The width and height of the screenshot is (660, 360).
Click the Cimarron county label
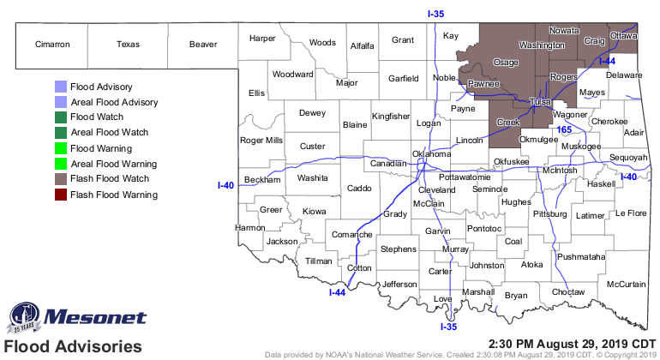pos(51,44)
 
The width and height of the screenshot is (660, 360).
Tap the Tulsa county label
pos(539,102)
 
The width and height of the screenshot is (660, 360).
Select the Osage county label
pos(506,63)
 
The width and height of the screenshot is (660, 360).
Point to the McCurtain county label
pos(626,284)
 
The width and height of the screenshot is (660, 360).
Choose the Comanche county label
pos(352,234)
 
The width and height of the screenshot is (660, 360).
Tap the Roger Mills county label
pos(261,141)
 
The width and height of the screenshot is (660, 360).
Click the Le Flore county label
pos(632,213)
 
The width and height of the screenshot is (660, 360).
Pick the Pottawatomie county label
pos(452,176)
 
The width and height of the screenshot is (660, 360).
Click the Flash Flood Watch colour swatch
pos(60,179)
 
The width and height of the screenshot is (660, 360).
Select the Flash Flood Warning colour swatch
pos(60,195)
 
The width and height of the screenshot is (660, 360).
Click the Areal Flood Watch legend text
pos(110,133)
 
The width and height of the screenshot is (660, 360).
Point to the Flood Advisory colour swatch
pos(60,87)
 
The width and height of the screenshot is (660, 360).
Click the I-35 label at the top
pos(437,13)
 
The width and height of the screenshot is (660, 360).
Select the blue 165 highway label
pos(564,129)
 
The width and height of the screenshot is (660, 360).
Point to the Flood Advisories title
pos(72,347)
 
